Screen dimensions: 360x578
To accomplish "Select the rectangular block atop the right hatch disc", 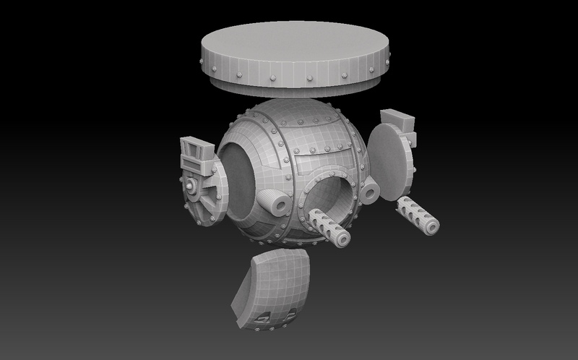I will click(x=395, y=119).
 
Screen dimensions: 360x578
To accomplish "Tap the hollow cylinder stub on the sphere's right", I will click(x=370, y=190).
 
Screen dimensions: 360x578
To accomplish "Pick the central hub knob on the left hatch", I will click(x=192, y=187).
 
